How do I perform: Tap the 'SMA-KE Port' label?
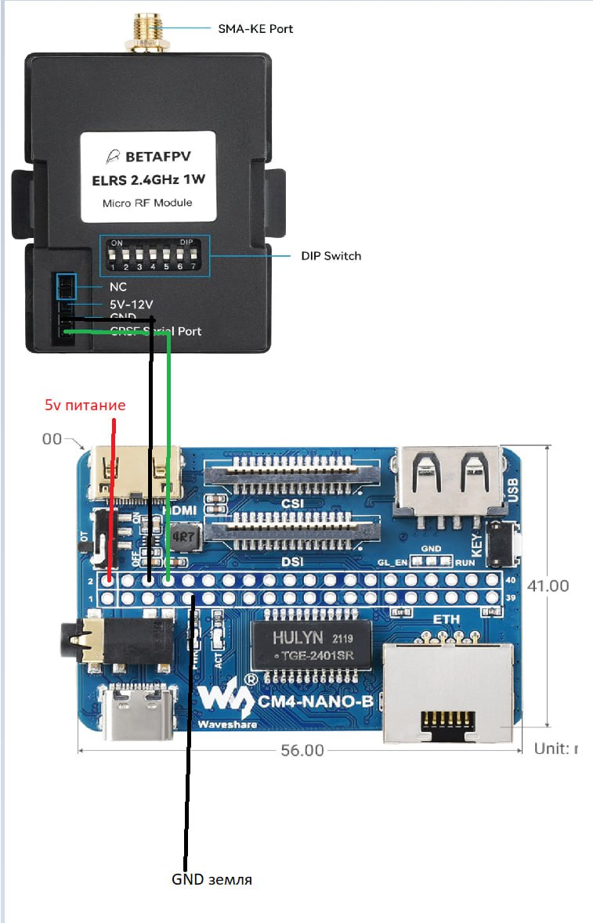tap(255, 29)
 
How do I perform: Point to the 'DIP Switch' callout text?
tap(331, 256)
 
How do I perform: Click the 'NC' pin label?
tap(118, 287)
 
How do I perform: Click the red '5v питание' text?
tap(85, 406)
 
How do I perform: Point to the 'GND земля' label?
tap(212, 879)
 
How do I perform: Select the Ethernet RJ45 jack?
tap(447, 691)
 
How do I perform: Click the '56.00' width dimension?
tap(302, 750)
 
